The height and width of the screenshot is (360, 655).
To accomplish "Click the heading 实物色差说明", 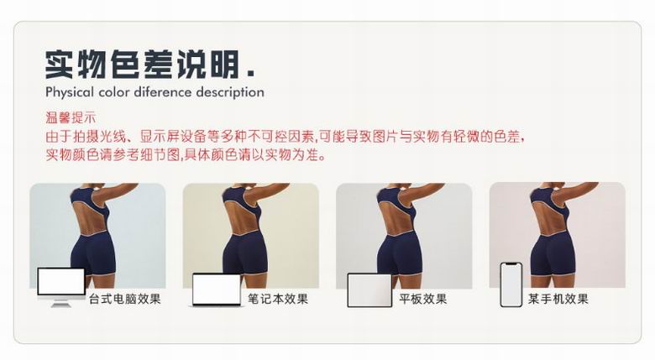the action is tap(142, 65).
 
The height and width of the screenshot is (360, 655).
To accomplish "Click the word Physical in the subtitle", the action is tap(70, 92).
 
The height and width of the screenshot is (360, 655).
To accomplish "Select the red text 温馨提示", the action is tap(71, 117).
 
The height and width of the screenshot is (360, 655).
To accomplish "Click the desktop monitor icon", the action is tap(61, 287).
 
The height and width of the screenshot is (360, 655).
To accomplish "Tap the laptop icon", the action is tap(217, 290).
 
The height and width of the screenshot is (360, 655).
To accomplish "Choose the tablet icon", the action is tap(369, 290).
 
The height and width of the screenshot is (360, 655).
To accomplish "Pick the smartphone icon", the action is tap(511, 284).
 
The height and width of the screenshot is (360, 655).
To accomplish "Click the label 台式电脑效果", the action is tap(125, 299).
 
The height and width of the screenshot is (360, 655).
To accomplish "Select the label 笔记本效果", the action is tap(278, 299).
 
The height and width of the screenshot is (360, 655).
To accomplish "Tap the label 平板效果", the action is tap(422, 299).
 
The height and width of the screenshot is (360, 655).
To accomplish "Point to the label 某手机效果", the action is tap(558, 299).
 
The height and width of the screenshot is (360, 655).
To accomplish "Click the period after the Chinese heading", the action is tap(250, 74).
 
